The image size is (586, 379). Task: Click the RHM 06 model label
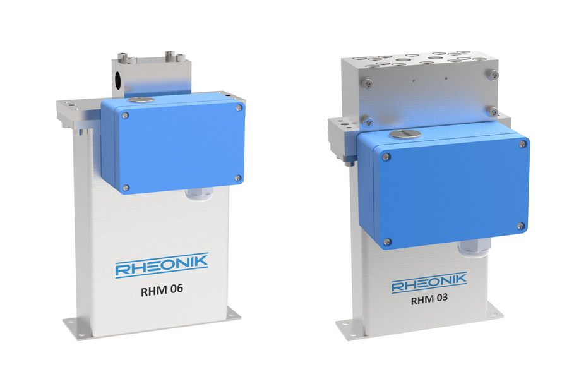coord(162,291)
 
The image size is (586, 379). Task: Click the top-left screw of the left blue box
coord(126,116)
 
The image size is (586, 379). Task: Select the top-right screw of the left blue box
coord(239,108)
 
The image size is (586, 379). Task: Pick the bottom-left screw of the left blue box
coord(126,188)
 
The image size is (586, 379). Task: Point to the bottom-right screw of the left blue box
coord(237,178)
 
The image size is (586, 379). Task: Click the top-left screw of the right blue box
coord(386,157)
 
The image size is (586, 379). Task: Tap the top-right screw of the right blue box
coord(522,144)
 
